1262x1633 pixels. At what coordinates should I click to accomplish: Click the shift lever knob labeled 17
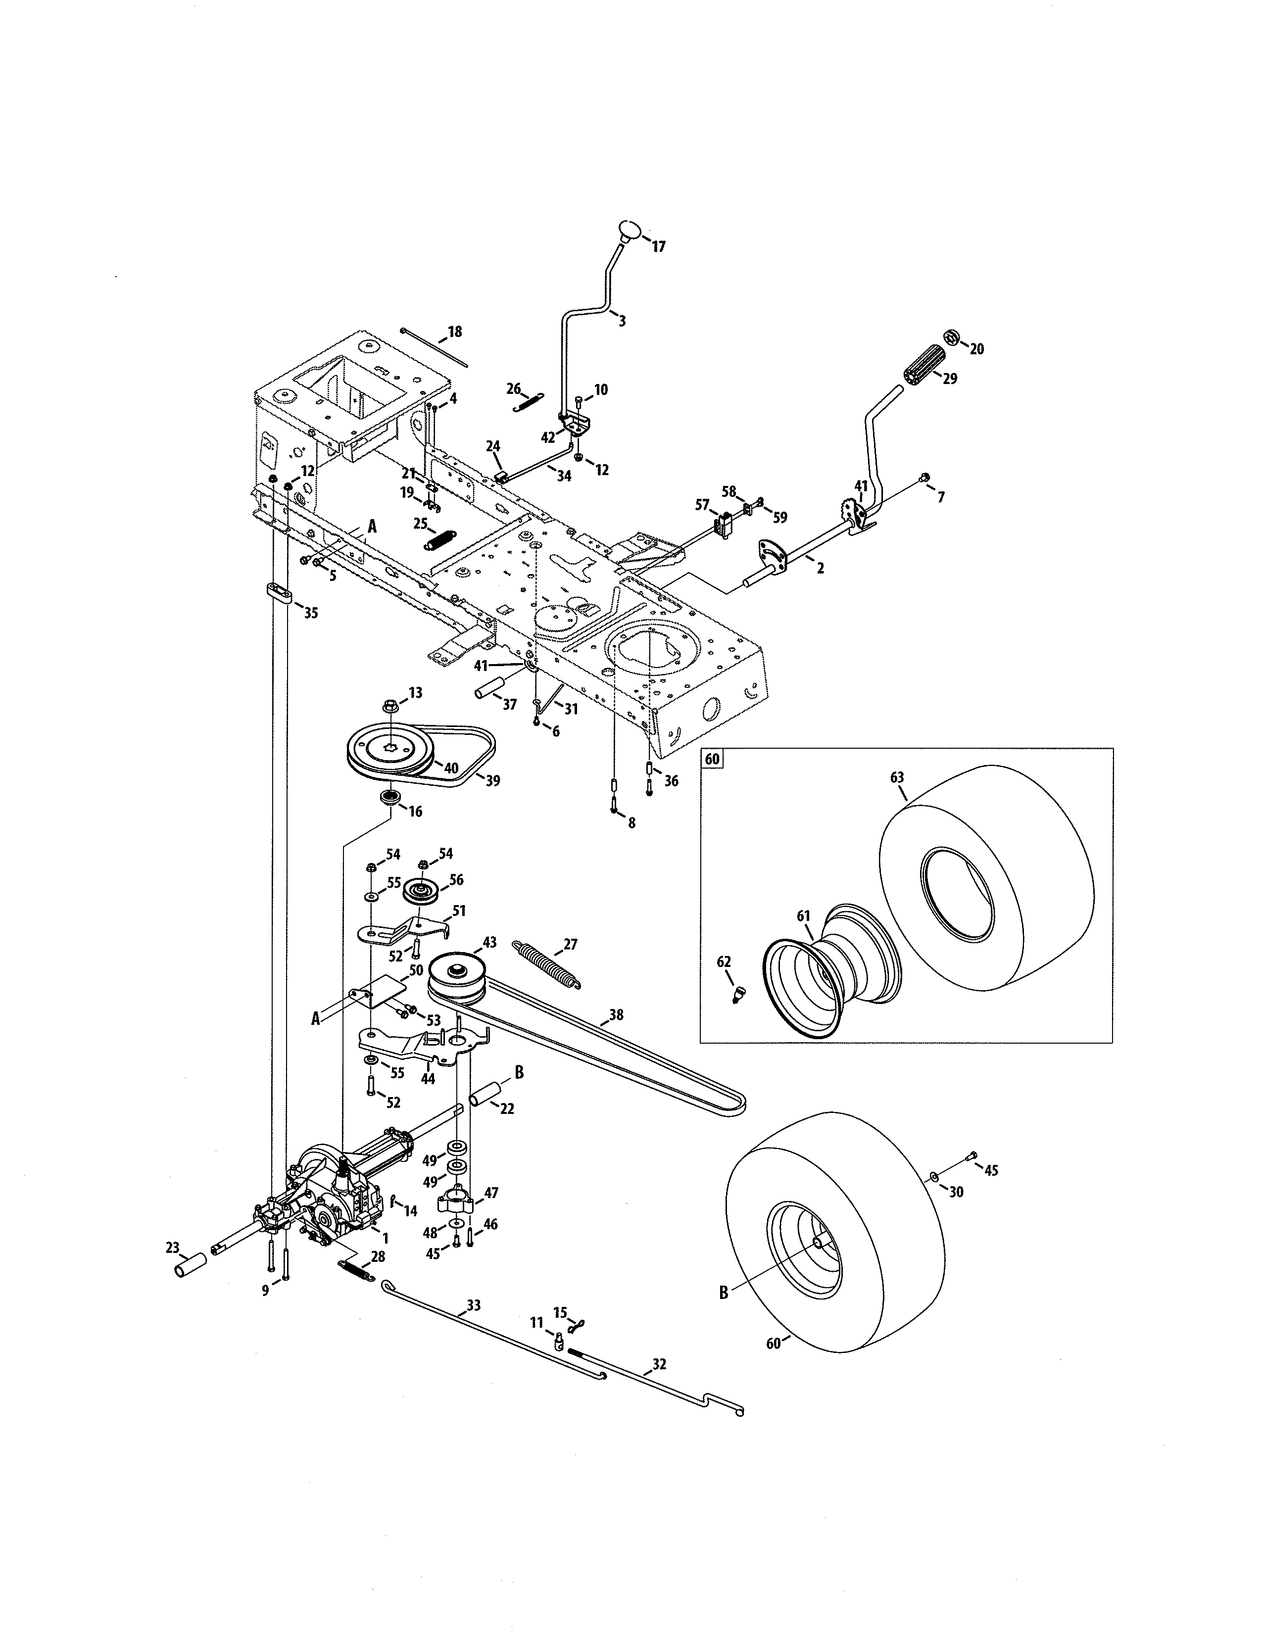pos(630,229)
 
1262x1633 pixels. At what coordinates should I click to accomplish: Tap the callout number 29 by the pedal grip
pos(950,379)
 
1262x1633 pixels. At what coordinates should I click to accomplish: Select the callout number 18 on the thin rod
pos(454,331)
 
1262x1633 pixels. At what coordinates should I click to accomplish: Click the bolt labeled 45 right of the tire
pos(972,1157)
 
